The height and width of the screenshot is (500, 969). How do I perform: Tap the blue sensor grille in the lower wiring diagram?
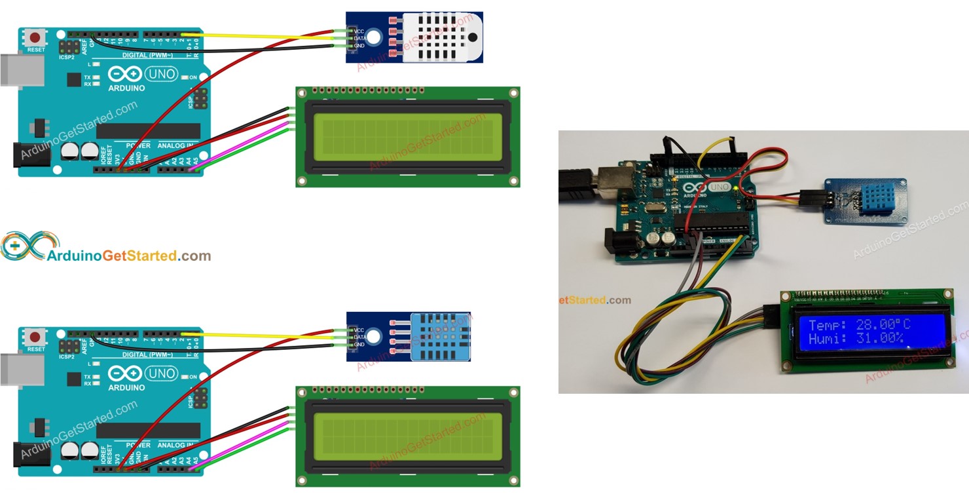440,337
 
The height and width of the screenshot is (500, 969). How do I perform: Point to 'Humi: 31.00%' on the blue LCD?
856,339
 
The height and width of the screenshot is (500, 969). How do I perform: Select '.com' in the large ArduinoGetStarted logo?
194,256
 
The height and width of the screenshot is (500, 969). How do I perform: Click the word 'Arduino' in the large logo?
73,256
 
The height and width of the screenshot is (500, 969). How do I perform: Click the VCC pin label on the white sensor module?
359,31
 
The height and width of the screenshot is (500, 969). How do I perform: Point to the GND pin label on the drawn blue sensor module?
359,345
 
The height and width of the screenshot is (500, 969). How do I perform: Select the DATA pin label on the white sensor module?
359,38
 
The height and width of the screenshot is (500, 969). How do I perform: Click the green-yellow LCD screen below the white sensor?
407,137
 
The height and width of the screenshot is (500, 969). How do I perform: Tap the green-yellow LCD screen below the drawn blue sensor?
407,436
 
